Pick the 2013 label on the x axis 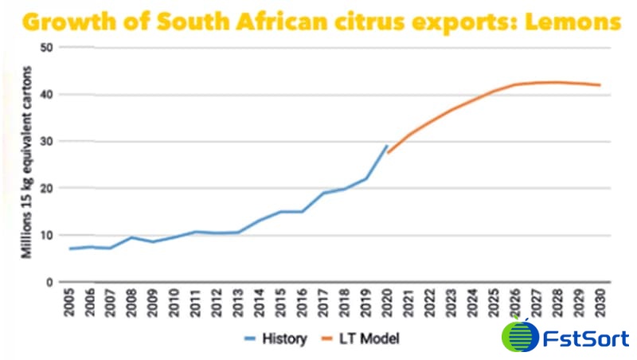237,305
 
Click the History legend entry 275,338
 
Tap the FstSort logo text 587,338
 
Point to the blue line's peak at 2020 387,147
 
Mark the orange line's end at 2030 600,85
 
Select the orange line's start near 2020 389,152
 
